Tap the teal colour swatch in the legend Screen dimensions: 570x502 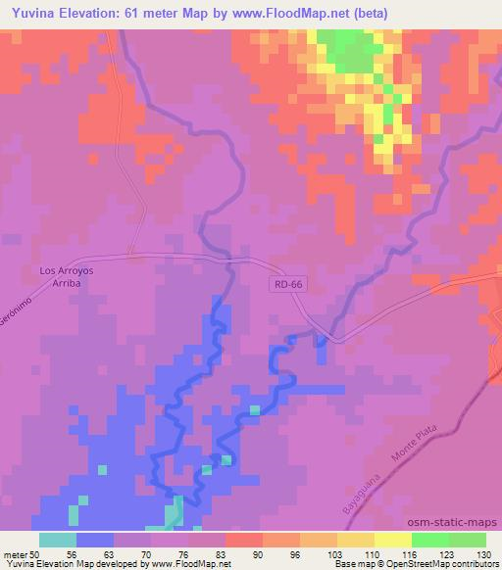pos(58,540)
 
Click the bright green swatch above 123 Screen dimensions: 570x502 pos(430,540)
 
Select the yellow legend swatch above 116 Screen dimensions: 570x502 pos(393,540)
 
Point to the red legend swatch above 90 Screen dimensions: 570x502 pos(244,540)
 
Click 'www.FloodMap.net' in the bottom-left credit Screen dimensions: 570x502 pos(188,564)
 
